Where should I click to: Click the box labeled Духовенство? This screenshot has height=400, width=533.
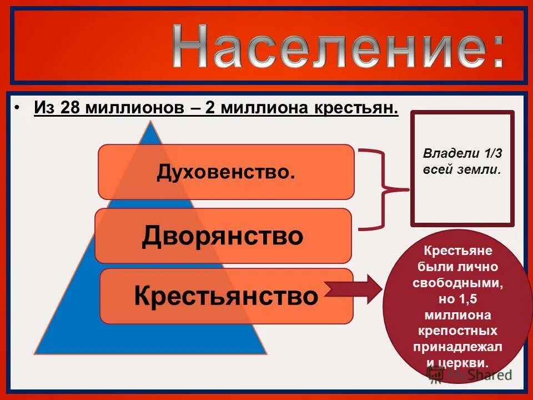pos(226,172)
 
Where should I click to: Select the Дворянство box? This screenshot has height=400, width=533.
pos(223,236)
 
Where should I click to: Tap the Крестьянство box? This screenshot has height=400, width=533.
pos(227,296)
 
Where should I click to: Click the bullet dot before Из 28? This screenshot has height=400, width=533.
pos(18,107)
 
